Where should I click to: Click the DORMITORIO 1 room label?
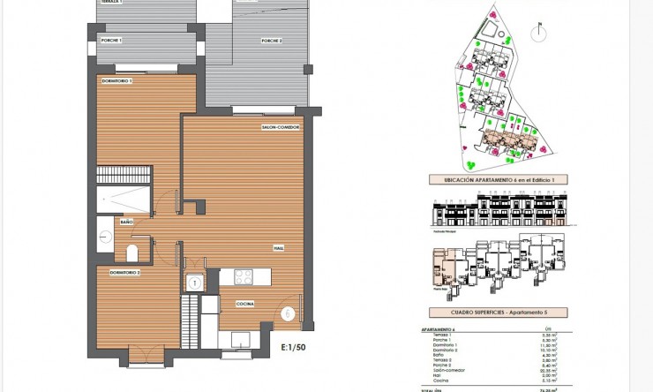116,81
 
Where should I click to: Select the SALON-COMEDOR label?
281,127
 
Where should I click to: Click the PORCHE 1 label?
111,41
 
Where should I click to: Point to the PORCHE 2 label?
271,41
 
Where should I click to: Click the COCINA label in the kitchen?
245,304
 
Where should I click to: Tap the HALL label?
278,248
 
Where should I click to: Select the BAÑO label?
126,222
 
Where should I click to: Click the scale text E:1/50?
293,348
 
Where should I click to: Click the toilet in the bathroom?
132,254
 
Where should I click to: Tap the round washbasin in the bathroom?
104,236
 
